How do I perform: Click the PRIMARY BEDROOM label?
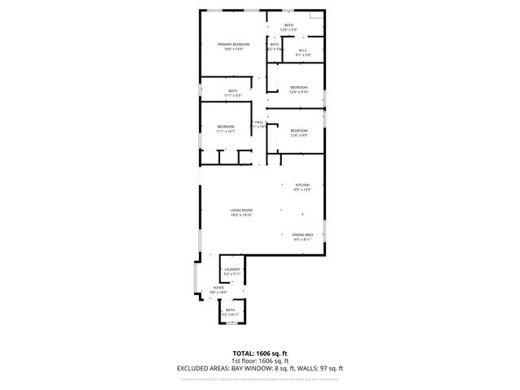coord(232,44)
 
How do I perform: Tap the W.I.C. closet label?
coord(301,50)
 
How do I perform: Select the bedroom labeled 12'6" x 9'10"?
coord(299,87)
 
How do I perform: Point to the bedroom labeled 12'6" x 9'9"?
coord(299,131)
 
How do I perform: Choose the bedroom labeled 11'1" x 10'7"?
coord(226,127)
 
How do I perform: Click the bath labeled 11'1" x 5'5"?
coord(233,91)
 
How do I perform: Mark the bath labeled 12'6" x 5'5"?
coord(289,25)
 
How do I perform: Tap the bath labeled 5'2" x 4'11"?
coord(231,310)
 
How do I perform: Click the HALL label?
coord(258,123)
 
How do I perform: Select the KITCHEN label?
coord(302,185)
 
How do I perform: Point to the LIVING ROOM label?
coord(240,210)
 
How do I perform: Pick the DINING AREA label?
coord(303,235)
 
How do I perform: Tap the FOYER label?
coord(219,288)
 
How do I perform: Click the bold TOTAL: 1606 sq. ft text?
coord(260,353)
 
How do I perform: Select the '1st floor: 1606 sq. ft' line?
coord(260,361)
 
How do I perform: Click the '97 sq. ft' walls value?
coord(330,368)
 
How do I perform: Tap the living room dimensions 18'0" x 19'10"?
coord(240,215)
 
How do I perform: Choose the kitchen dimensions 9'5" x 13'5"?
coord(302,190)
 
